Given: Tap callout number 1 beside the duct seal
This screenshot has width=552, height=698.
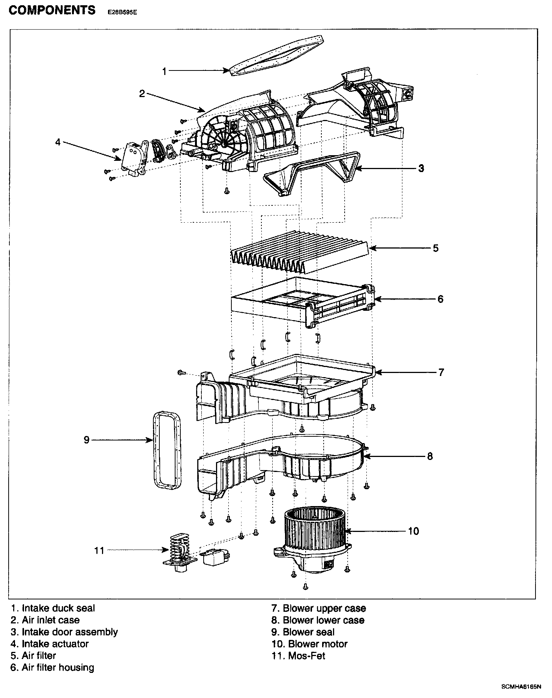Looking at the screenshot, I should [x=164, y=71].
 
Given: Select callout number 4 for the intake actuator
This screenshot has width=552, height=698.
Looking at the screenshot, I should [x=58, y=142].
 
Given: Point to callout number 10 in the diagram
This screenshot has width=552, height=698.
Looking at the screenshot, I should [x=413, y=531].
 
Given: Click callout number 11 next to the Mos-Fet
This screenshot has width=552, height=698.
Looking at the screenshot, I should [x=99, y=550].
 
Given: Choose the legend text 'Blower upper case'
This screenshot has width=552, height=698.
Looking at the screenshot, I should [x=319, y=608].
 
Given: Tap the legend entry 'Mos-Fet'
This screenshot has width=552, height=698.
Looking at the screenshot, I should [x=298, y=656].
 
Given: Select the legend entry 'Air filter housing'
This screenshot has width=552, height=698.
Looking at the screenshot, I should [x=52, y=668].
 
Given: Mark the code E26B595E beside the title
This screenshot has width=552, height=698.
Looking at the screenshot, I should [x=122, y=12].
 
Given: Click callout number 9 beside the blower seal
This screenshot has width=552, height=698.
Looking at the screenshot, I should [x=87, y=440].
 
